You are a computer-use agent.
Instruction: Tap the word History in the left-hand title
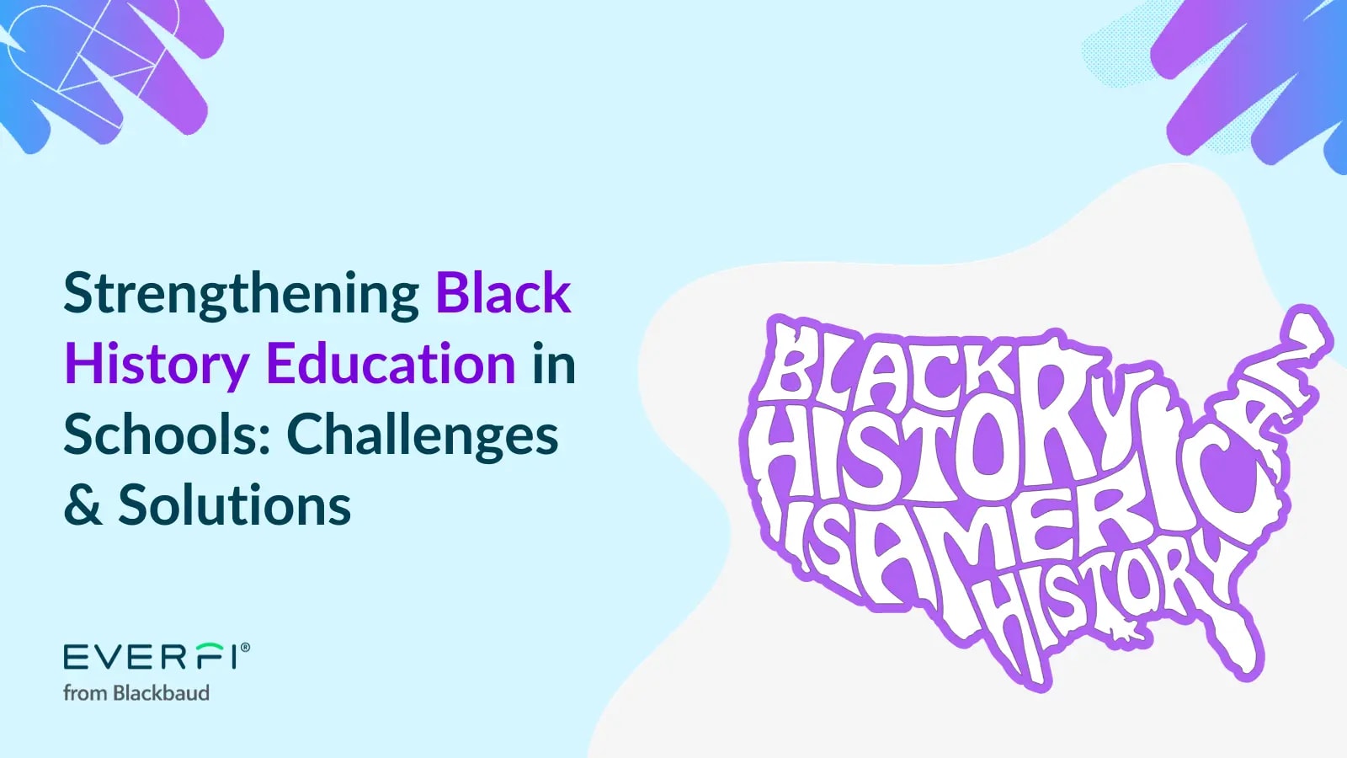(157, 366)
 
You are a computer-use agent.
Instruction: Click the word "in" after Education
(553, 365)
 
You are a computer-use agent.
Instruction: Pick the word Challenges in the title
(422, 436)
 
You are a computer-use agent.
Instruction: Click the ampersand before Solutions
(83, 505)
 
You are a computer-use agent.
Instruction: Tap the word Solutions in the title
(234, 505)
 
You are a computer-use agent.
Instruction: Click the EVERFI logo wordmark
(150, 656)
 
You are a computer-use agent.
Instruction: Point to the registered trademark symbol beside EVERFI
(245, 648)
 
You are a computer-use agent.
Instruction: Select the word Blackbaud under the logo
(161, 693)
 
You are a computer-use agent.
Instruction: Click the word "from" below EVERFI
(85, 693)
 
